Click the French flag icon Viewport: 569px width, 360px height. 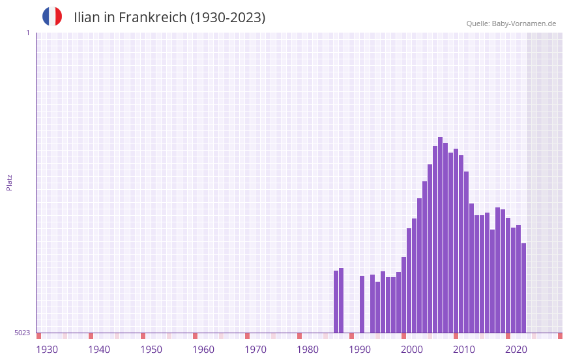click(x=52, y=17)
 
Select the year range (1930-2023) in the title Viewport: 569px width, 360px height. click(x=227, y=18)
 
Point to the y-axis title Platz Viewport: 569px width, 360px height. click(x=9, y=182)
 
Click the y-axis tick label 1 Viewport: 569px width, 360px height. click(x=27, y=33)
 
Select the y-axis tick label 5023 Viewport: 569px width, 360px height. click(x=22, y=333)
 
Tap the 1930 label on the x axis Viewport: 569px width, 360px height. click(x=47, y=350)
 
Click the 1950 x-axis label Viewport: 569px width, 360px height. click(x=151, y=350)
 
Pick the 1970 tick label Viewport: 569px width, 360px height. click(x=255, y=350)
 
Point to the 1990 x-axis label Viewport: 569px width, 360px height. click(x=360, y=350)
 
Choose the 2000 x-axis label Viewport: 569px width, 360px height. click(x=412, y=350)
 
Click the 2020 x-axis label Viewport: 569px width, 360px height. click(x=516, y=350)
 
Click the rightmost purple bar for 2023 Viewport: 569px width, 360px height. click(x=523, y=288)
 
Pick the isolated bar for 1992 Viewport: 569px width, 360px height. click(x=362, y=304)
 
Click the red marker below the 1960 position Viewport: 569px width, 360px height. click(x=195, y=336)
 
